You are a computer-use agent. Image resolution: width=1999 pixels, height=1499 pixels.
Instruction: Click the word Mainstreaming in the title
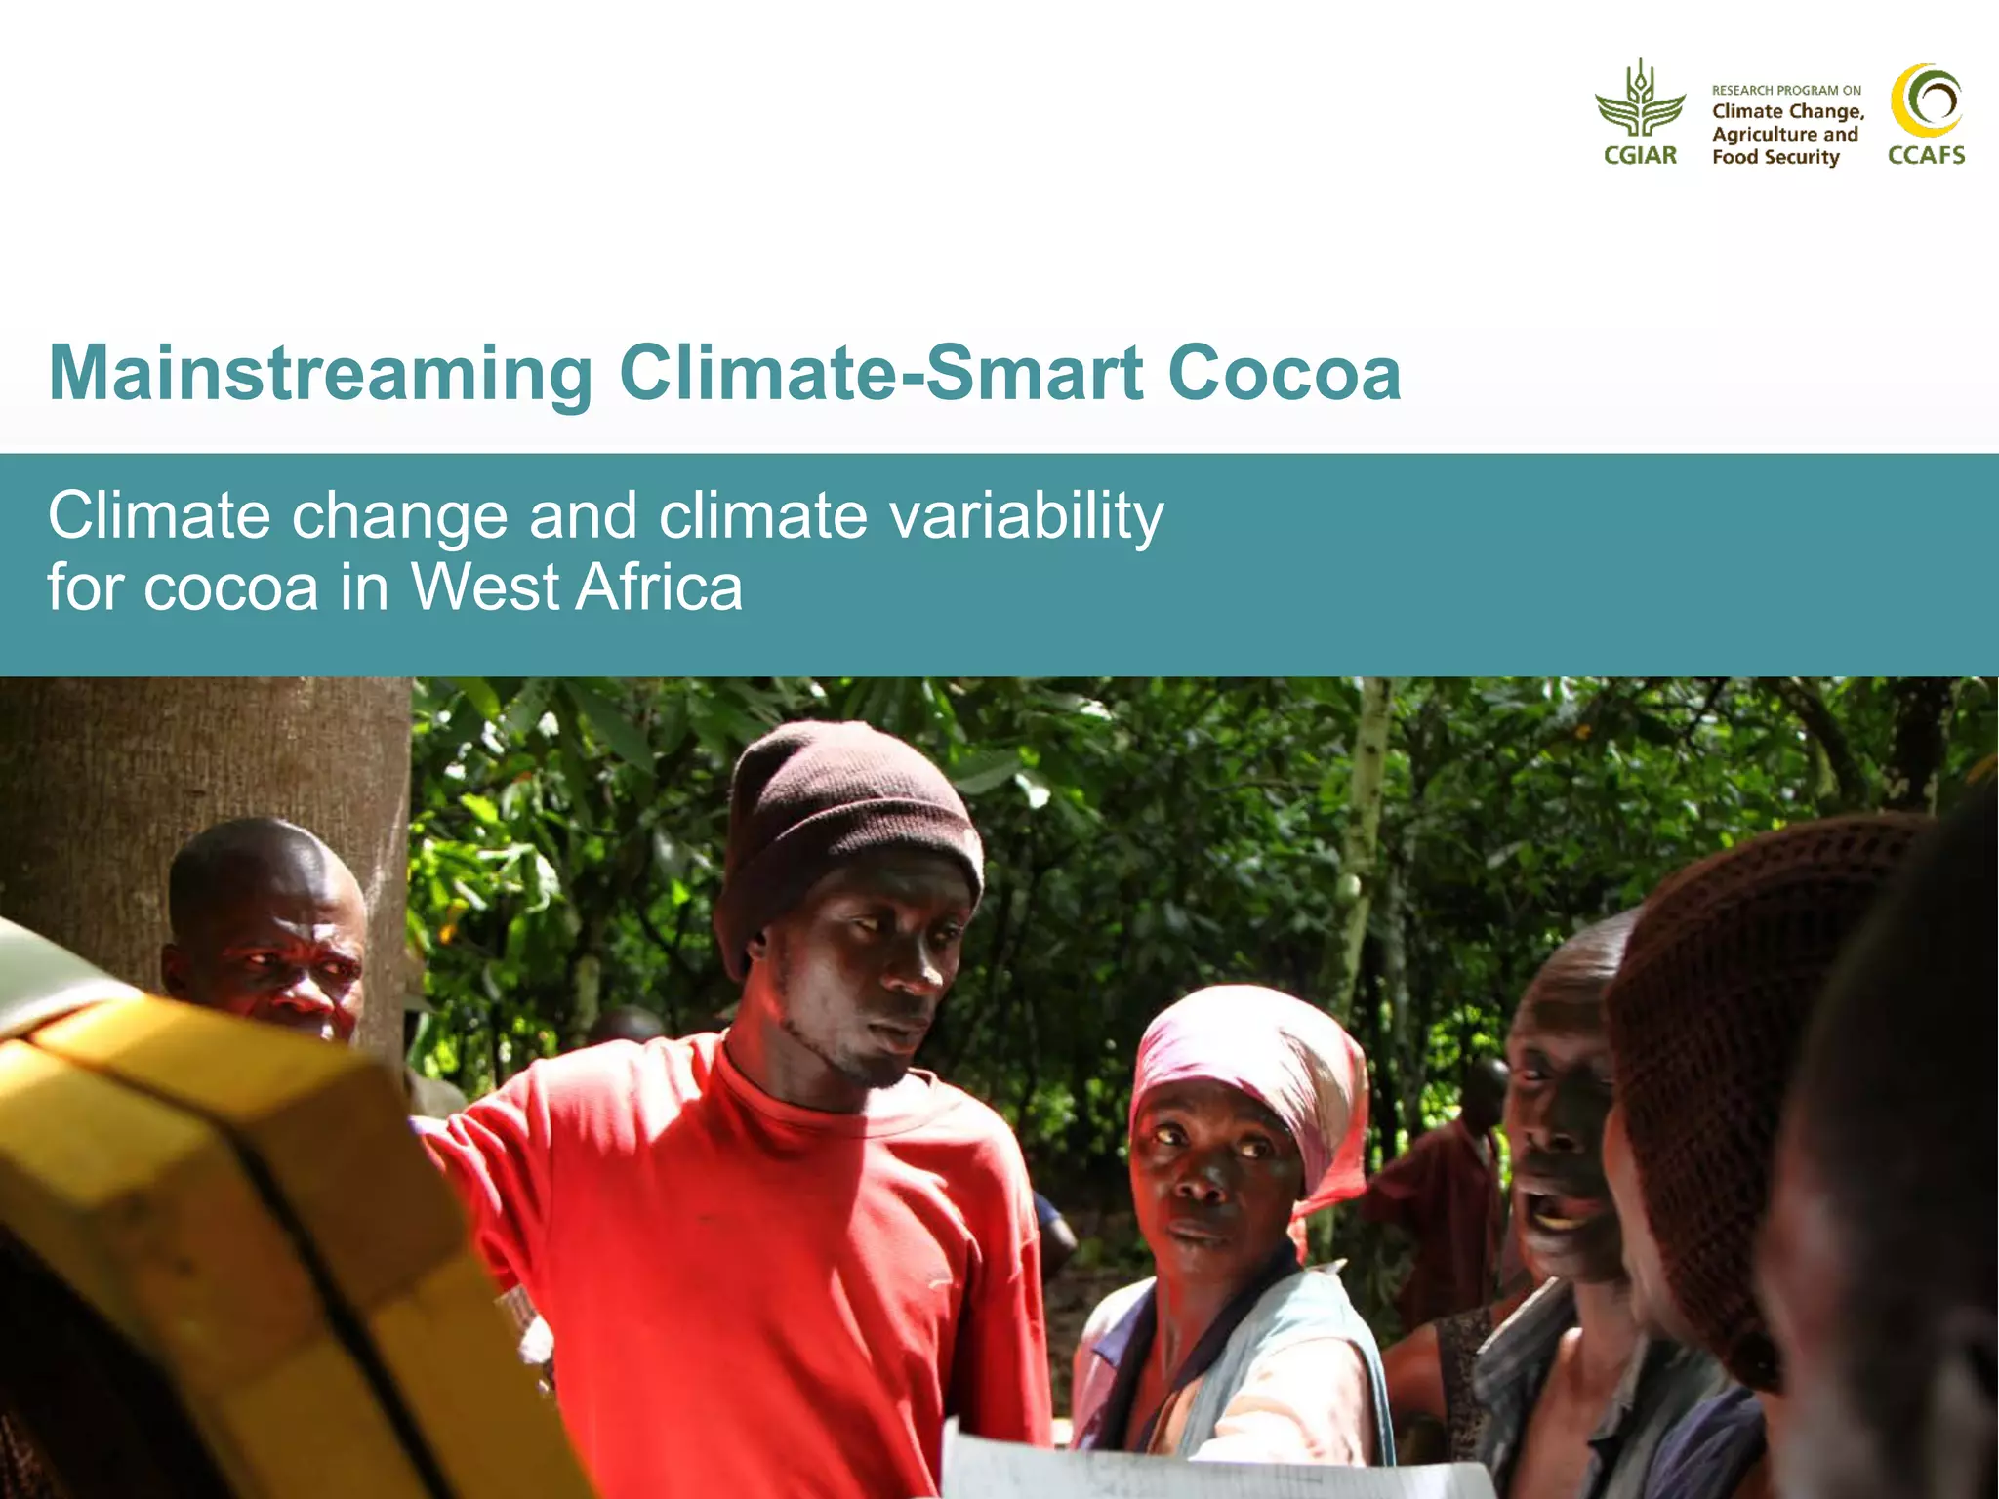(x=320, y=374)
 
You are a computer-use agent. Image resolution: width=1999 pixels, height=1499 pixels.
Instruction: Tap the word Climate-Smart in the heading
(x=880, y=374)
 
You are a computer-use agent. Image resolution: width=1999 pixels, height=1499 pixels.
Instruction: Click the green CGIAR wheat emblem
(x=1640, y=100)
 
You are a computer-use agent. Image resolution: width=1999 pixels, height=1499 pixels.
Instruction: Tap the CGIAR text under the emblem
(x=1640, y=156)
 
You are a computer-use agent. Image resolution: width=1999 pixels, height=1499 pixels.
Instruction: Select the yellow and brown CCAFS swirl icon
(x=1926, y=101)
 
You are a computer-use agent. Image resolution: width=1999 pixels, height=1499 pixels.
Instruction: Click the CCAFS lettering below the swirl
(x=1926, y=156)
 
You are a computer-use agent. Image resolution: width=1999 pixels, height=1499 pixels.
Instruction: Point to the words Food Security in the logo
(x=1775, y=158)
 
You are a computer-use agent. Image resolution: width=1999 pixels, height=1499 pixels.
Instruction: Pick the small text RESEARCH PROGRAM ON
(x=1786, y=91)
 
